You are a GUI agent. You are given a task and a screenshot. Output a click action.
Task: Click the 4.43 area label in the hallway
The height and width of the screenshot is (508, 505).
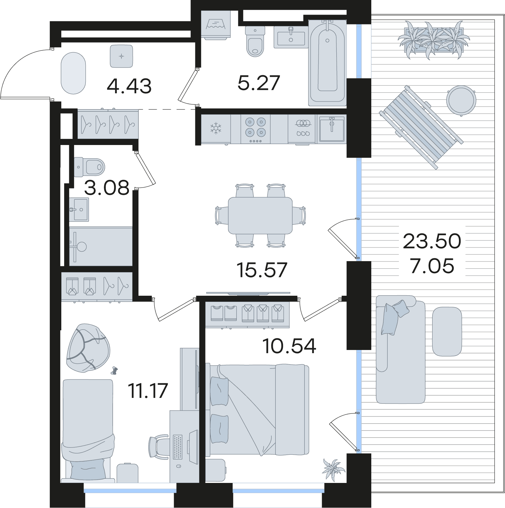click(x=129, y=86)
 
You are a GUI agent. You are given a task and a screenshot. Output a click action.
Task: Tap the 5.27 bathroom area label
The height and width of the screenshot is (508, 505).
click(x=259, y=83)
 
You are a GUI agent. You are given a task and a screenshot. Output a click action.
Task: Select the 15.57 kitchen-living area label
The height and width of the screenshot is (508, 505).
click(x=262, y=270)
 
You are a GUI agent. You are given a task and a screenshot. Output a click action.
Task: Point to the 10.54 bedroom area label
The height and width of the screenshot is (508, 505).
click(x=289, y=346)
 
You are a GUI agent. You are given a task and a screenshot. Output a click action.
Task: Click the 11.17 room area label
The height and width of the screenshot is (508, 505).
click(x=148, y=391)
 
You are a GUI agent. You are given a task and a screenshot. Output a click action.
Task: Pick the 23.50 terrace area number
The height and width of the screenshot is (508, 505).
click(x=432, y=241)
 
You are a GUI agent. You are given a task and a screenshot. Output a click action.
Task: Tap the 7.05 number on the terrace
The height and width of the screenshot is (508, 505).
click(x=432, y=266)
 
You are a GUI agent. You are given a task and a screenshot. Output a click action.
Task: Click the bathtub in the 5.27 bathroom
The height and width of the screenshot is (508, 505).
click(x=327, y=63)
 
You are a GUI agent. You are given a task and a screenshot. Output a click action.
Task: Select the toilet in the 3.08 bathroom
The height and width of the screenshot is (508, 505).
click(x=89, y=167)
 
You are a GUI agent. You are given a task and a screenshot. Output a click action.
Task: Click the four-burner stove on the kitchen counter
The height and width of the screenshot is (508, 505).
click(x=255, y=129)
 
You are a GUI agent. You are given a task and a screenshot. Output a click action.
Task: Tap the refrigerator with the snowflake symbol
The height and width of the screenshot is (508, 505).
click(x=216, y=129)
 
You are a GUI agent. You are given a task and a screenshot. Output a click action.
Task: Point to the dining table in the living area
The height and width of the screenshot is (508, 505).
click(x=260, y=215)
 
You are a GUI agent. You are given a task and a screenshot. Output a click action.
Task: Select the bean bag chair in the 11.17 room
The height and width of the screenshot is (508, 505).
click(x=88, y=348)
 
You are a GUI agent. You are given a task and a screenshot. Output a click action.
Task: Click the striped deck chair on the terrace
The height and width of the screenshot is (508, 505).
click(x=421, y=127)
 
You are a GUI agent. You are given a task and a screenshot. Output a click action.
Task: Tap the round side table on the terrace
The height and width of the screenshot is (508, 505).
click(x=461, y=101)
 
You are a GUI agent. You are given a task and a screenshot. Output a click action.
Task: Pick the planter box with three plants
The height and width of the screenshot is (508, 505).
click(x=434, y=40)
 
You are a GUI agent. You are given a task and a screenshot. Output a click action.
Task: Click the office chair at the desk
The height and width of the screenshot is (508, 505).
click(x=159, y=447)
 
